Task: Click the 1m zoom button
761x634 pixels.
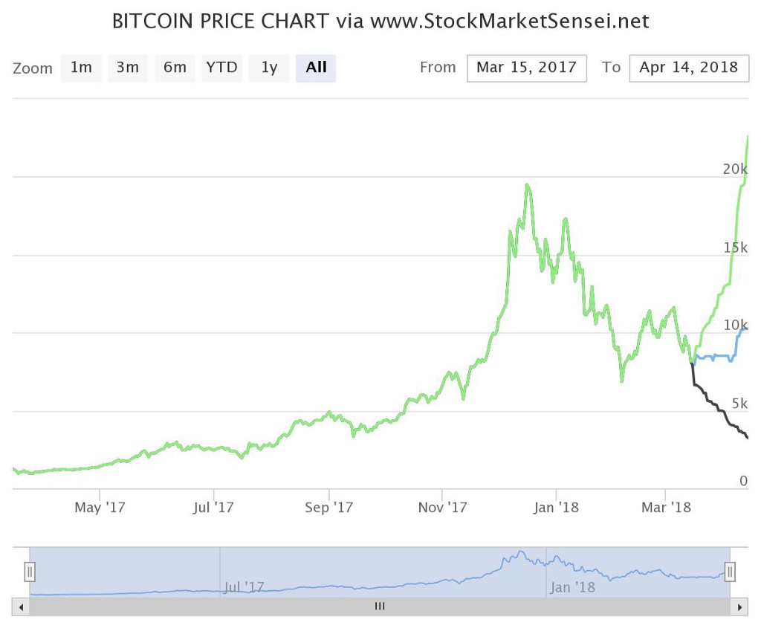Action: pyautogui.click(x=81, y=68)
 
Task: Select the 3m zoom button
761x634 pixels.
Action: pyautogui.click(x=128, y=68)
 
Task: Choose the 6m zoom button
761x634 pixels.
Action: pyautogui.click(x=175, y=68)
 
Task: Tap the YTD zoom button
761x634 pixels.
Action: pyautogui.click(x=222, y=68)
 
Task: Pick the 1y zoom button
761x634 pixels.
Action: pyautogui.click(x=269, y=68)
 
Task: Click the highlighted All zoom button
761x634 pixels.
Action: pyautogui.click(x=316, y=68)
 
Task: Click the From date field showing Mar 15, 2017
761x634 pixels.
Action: pyautogui.click(x=527, y=68)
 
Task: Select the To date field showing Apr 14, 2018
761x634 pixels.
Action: pyautogui.click(x=688, y=68)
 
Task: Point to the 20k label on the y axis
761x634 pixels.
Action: pyautogui.click(x=735, y=169)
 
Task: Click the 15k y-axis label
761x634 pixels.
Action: pyautogui.click(x=735, y=247)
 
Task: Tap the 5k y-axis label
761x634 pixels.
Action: pyautogui.click(x=739, y=403)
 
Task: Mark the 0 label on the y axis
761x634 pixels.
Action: pyautogui.click(x=743, y=481)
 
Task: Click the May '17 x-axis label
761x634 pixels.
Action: pyautogui.click(x=100, y=508)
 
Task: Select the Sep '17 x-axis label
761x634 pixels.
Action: pyautogui.click(x=328, y=508)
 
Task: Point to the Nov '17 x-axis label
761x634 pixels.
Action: pyautogui.click(x=442, y=508)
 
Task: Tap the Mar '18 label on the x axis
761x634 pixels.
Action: pyautogui.click(x=665, y=508)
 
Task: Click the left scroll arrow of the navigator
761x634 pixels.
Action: pyautogui.click(x=21, y=606)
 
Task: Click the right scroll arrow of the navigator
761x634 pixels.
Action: pyautogui.click(x=739, y=606)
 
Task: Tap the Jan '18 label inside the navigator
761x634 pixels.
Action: pyautogui.click(x=572, y=587)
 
